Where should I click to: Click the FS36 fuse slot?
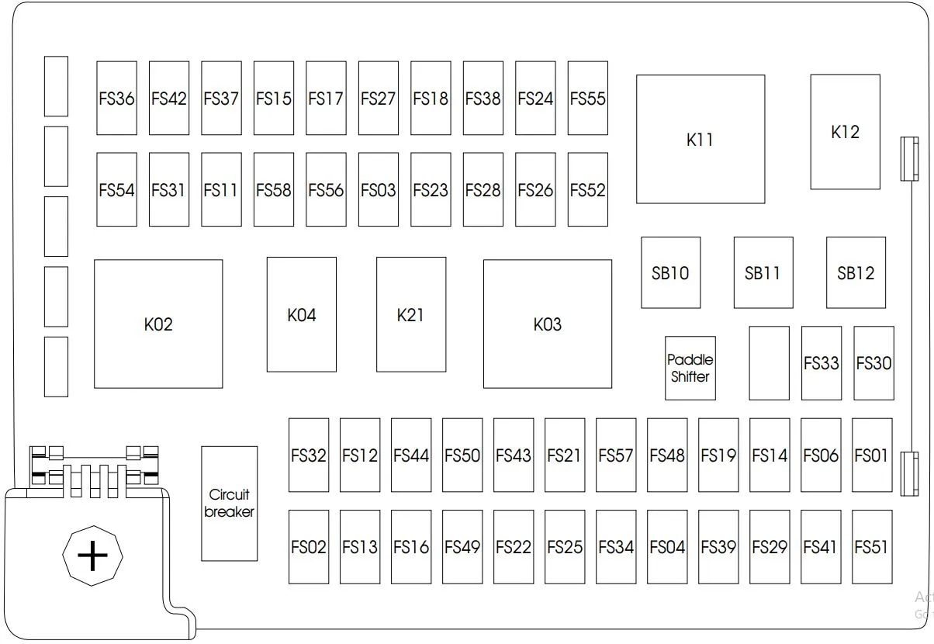[116, 98]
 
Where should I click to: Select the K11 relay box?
[700, 140]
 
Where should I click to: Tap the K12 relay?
[846, 132]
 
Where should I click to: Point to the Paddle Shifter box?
[690, 369]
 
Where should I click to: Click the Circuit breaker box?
[230, 504]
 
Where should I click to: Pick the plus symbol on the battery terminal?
[92, 556]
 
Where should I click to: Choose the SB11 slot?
[763, 273]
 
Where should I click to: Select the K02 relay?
[158, 324]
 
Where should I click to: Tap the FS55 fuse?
[587, 98]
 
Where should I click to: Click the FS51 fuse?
[872, 547]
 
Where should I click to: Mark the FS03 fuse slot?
[379, 189]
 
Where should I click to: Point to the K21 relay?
[411, 314]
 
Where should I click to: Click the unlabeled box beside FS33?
[769, 363]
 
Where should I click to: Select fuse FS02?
[309, 547]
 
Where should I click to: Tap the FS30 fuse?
[873, 363]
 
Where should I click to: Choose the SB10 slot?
[670, 273]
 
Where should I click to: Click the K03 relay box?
[548, 324]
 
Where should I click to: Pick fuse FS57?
[616, 455]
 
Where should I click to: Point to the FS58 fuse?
[274, 189]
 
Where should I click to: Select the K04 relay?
[302, 314]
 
